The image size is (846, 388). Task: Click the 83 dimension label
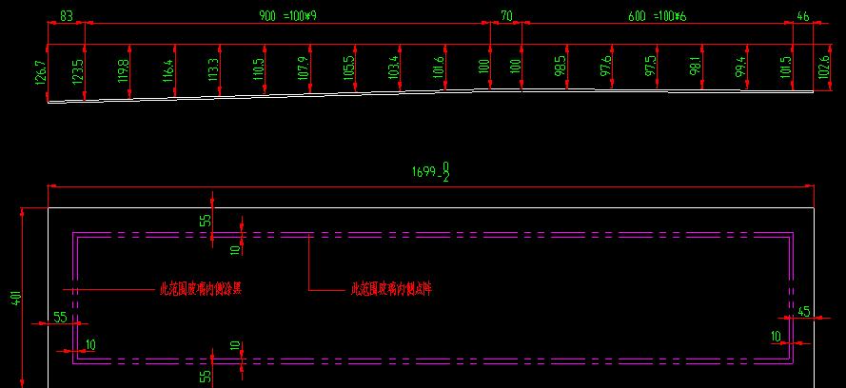pyautogui.click(x=67, y=16)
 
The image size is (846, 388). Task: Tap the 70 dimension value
pyautogui.click(x=505, y=16)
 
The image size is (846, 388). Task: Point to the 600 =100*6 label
pyautogui.click(x=658, y=16)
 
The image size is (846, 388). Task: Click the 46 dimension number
pyautogui.click(x=803, y=16)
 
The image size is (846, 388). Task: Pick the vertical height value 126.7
pyautogui.click(x=40, y=73)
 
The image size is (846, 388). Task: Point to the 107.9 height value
pyautogui.click(x=304, y=70)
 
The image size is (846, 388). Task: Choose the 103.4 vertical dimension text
pyautogui.click(x=393, y=69)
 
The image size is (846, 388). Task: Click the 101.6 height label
pyautogui.click(x=438, y=69)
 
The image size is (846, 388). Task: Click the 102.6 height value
pyautogui.click(x=823, y=70)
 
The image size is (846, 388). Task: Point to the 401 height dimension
pyautogui.click(x=15, y=298)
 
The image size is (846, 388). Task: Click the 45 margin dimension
pyautogui.click(x=804, y=311)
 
